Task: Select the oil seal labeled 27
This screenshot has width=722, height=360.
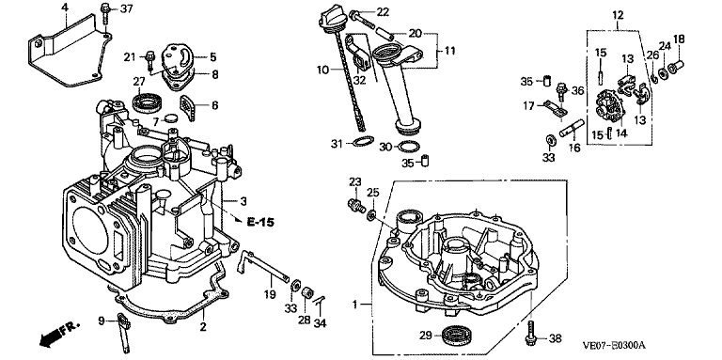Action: click(x=147, y=102)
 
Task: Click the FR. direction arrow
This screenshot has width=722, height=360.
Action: click(x=58, y=334)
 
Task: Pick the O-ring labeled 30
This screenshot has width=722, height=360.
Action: click(x=408, y=147)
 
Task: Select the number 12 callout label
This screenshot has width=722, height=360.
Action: click(x=618, y=15)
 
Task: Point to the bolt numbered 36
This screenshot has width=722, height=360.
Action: click(x=560, y=91)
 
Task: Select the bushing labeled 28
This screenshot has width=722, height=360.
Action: click(x=306, y=293)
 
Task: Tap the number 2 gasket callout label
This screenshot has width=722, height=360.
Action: click(x=203, y=327)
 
